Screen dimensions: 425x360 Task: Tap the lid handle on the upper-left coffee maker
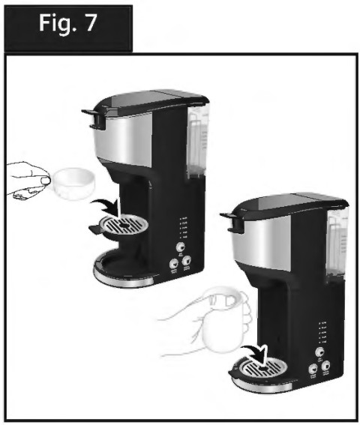pyautogui.click(x=93, y=114)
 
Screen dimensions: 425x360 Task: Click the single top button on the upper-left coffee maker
pyautogui.click(x=181, y=245)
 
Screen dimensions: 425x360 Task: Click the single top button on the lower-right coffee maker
pyautogui.click(x=319, y=351)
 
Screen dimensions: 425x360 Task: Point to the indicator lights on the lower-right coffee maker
pyautogui.click(x=321, y=330)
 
